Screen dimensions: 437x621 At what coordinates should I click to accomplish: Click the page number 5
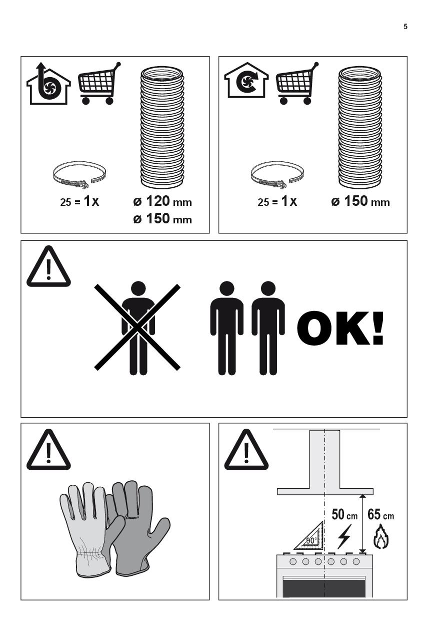pyautogui.click(x=405, y=27)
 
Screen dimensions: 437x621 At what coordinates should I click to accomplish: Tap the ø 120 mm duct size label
pyautogui.click(x=162, y=201)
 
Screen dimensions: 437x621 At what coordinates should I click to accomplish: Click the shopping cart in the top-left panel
pyautogui.click(x=99, y=83)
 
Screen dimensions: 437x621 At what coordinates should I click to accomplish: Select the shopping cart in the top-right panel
pyautogui.click(x=297, y=83)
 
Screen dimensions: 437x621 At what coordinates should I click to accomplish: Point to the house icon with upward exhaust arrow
pyautogui.click(x=48, y=84)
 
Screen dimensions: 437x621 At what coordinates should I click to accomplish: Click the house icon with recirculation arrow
pyautogui.click(x=246, y=81)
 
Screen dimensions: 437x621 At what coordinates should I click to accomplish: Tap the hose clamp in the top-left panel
pyautogui.click(x=79, y=175)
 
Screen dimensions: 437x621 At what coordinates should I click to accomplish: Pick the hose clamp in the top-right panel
pyautogui.click(x=277, y=175)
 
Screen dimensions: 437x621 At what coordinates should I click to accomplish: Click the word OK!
pyautogui.click(x=340, y=328)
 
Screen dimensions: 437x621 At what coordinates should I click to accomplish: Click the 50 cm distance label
pyautogui.click(x=344, y=514)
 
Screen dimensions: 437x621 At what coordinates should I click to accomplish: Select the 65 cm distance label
pyautogui.click(x=380, y=514)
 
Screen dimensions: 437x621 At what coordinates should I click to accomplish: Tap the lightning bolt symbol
pyautogui.click(x=344, y=537)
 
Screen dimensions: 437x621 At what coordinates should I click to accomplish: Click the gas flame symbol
pyautogui.click(x=381, y=536)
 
